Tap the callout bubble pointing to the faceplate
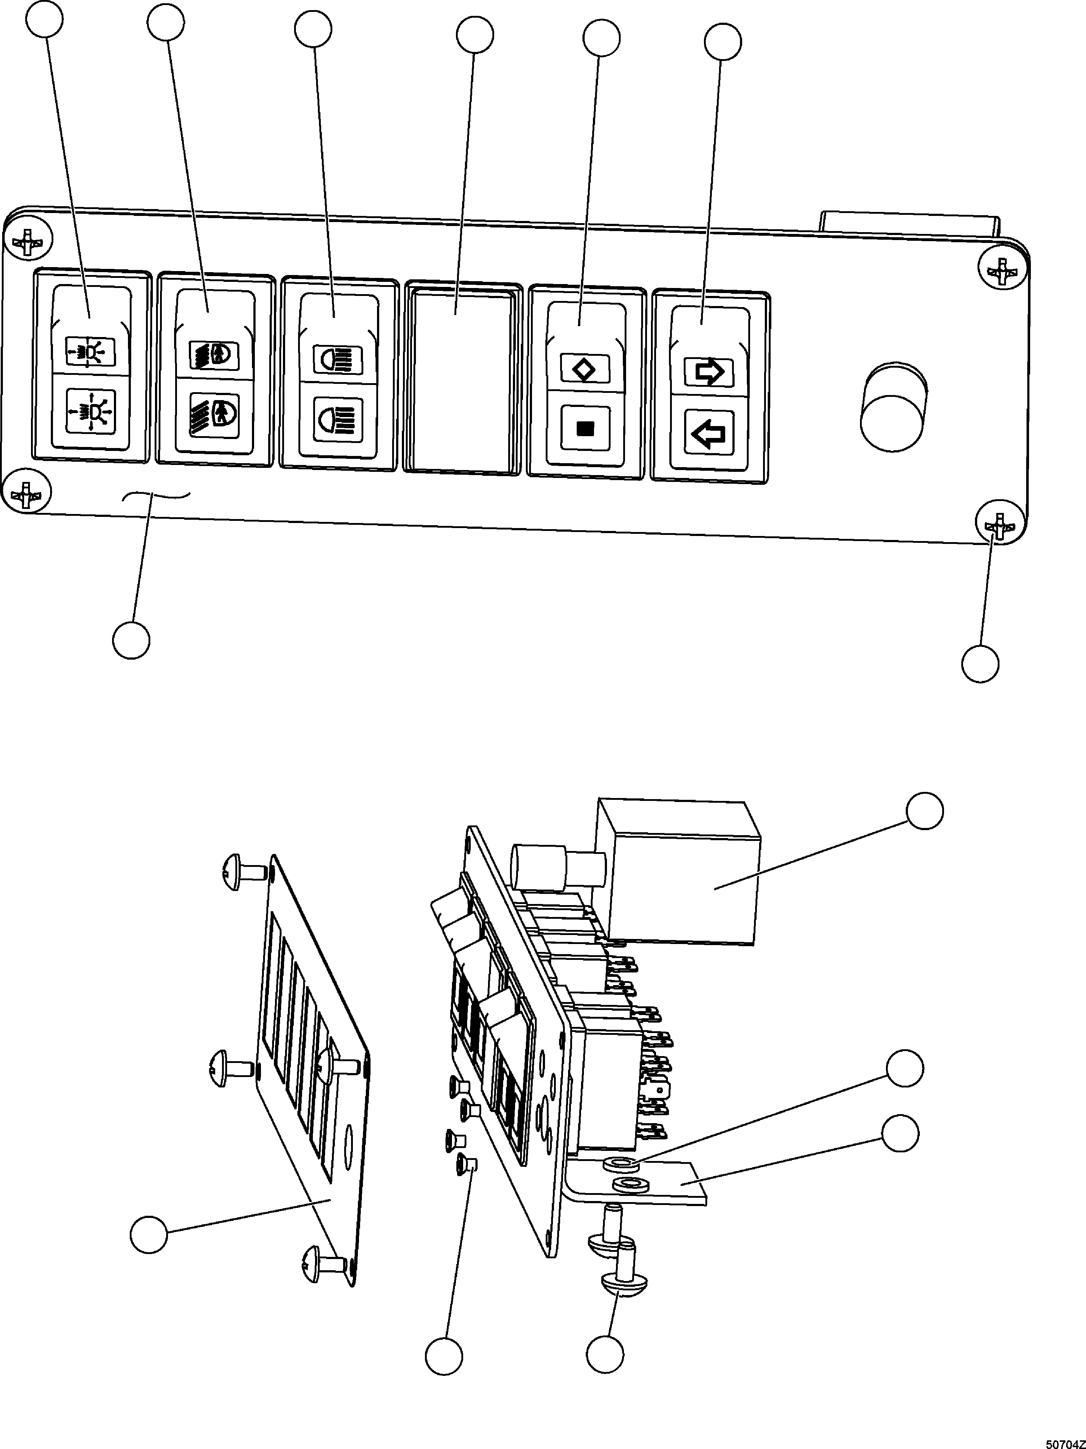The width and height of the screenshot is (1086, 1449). (x=149, y=1234)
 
